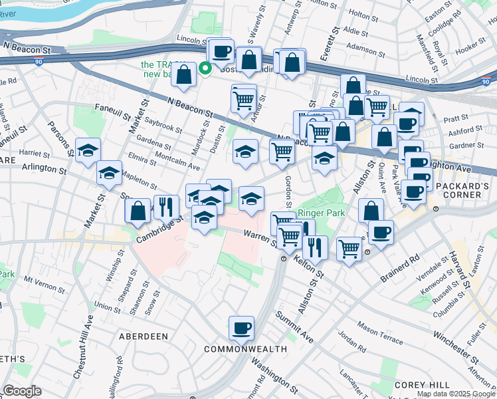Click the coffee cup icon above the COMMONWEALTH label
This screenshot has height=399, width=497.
[x=241, y=327]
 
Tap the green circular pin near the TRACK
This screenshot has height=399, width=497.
[x=206, y=66]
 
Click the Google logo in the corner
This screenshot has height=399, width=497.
[x=22, y=391]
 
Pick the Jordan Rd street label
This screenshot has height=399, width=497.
[x=351, y=342]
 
